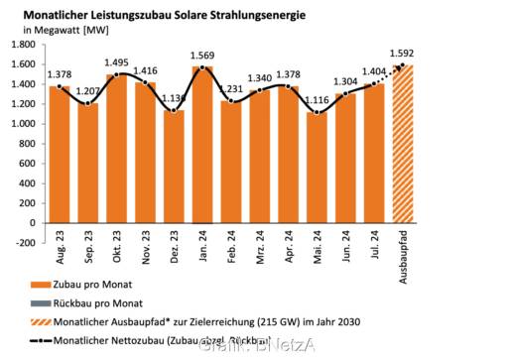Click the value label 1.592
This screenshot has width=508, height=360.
(402, 53)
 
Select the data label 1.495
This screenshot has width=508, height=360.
(117, 61)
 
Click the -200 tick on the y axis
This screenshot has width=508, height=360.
(24, 241)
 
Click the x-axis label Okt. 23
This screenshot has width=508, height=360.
(117, 262)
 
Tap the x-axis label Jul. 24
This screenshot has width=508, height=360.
(375, 262)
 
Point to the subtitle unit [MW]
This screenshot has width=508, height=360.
(96, 31)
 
